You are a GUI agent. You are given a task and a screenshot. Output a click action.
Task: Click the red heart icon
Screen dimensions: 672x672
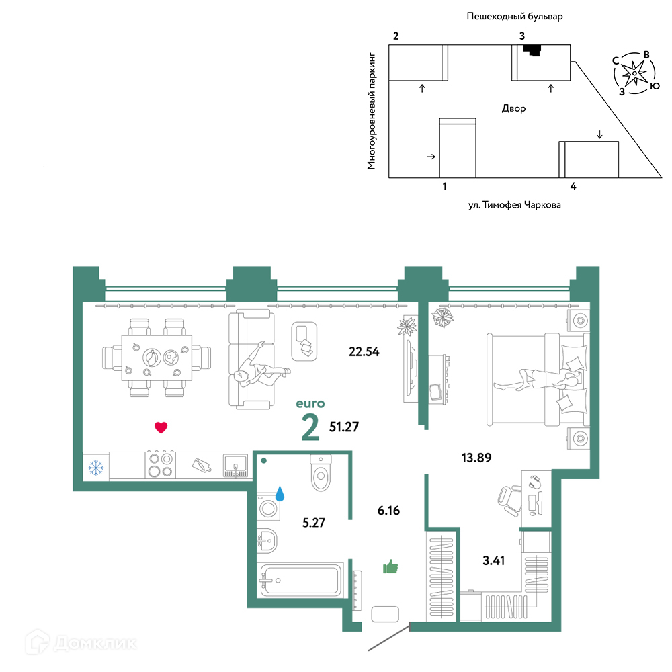point(161,427)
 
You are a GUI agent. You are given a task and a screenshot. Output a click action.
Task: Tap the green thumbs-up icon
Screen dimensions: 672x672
point(390,566)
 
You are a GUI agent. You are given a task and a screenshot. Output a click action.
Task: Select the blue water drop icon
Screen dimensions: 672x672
point(280,493)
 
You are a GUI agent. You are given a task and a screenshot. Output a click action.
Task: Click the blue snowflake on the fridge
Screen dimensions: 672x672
point(95,468)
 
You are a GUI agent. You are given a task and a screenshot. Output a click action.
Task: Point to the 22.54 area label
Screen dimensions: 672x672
point(364,352)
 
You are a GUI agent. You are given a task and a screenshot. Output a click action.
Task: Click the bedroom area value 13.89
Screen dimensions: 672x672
point(476,458)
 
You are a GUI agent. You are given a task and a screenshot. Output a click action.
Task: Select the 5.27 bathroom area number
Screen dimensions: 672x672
point(314,522)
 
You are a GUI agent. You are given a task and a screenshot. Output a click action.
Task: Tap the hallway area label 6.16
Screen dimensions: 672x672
point(388,511)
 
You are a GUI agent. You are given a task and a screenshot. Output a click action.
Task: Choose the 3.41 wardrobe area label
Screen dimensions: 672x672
point(493,560)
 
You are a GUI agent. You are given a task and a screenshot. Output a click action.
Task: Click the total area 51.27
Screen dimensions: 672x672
point(343,427)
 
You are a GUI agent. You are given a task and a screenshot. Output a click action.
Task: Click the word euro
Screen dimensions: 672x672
point(310,403)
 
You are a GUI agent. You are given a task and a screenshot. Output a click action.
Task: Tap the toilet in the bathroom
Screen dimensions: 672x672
point(321,472)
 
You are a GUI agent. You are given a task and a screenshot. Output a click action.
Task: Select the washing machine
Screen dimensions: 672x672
point(268,508)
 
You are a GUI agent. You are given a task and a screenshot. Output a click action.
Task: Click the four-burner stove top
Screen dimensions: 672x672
point(160,465)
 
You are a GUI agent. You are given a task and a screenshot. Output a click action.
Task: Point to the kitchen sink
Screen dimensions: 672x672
point(235,466)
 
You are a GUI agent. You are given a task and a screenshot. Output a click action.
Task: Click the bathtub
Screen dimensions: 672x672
point(302,581)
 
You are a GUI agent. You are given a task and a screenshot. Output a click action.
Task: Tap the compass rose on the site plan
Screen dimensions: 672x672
point(634,73)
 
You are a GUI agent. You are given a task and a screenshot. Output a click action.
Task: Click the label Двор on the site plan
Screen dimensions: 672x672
point(513,108)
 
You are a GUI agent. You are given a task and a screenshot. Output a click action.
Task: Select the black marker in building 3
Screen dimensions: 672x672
point(533,50)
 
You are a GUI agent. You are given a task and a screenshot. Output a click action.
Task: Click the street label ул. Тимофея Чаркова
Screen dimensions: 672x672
point(514,205)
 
